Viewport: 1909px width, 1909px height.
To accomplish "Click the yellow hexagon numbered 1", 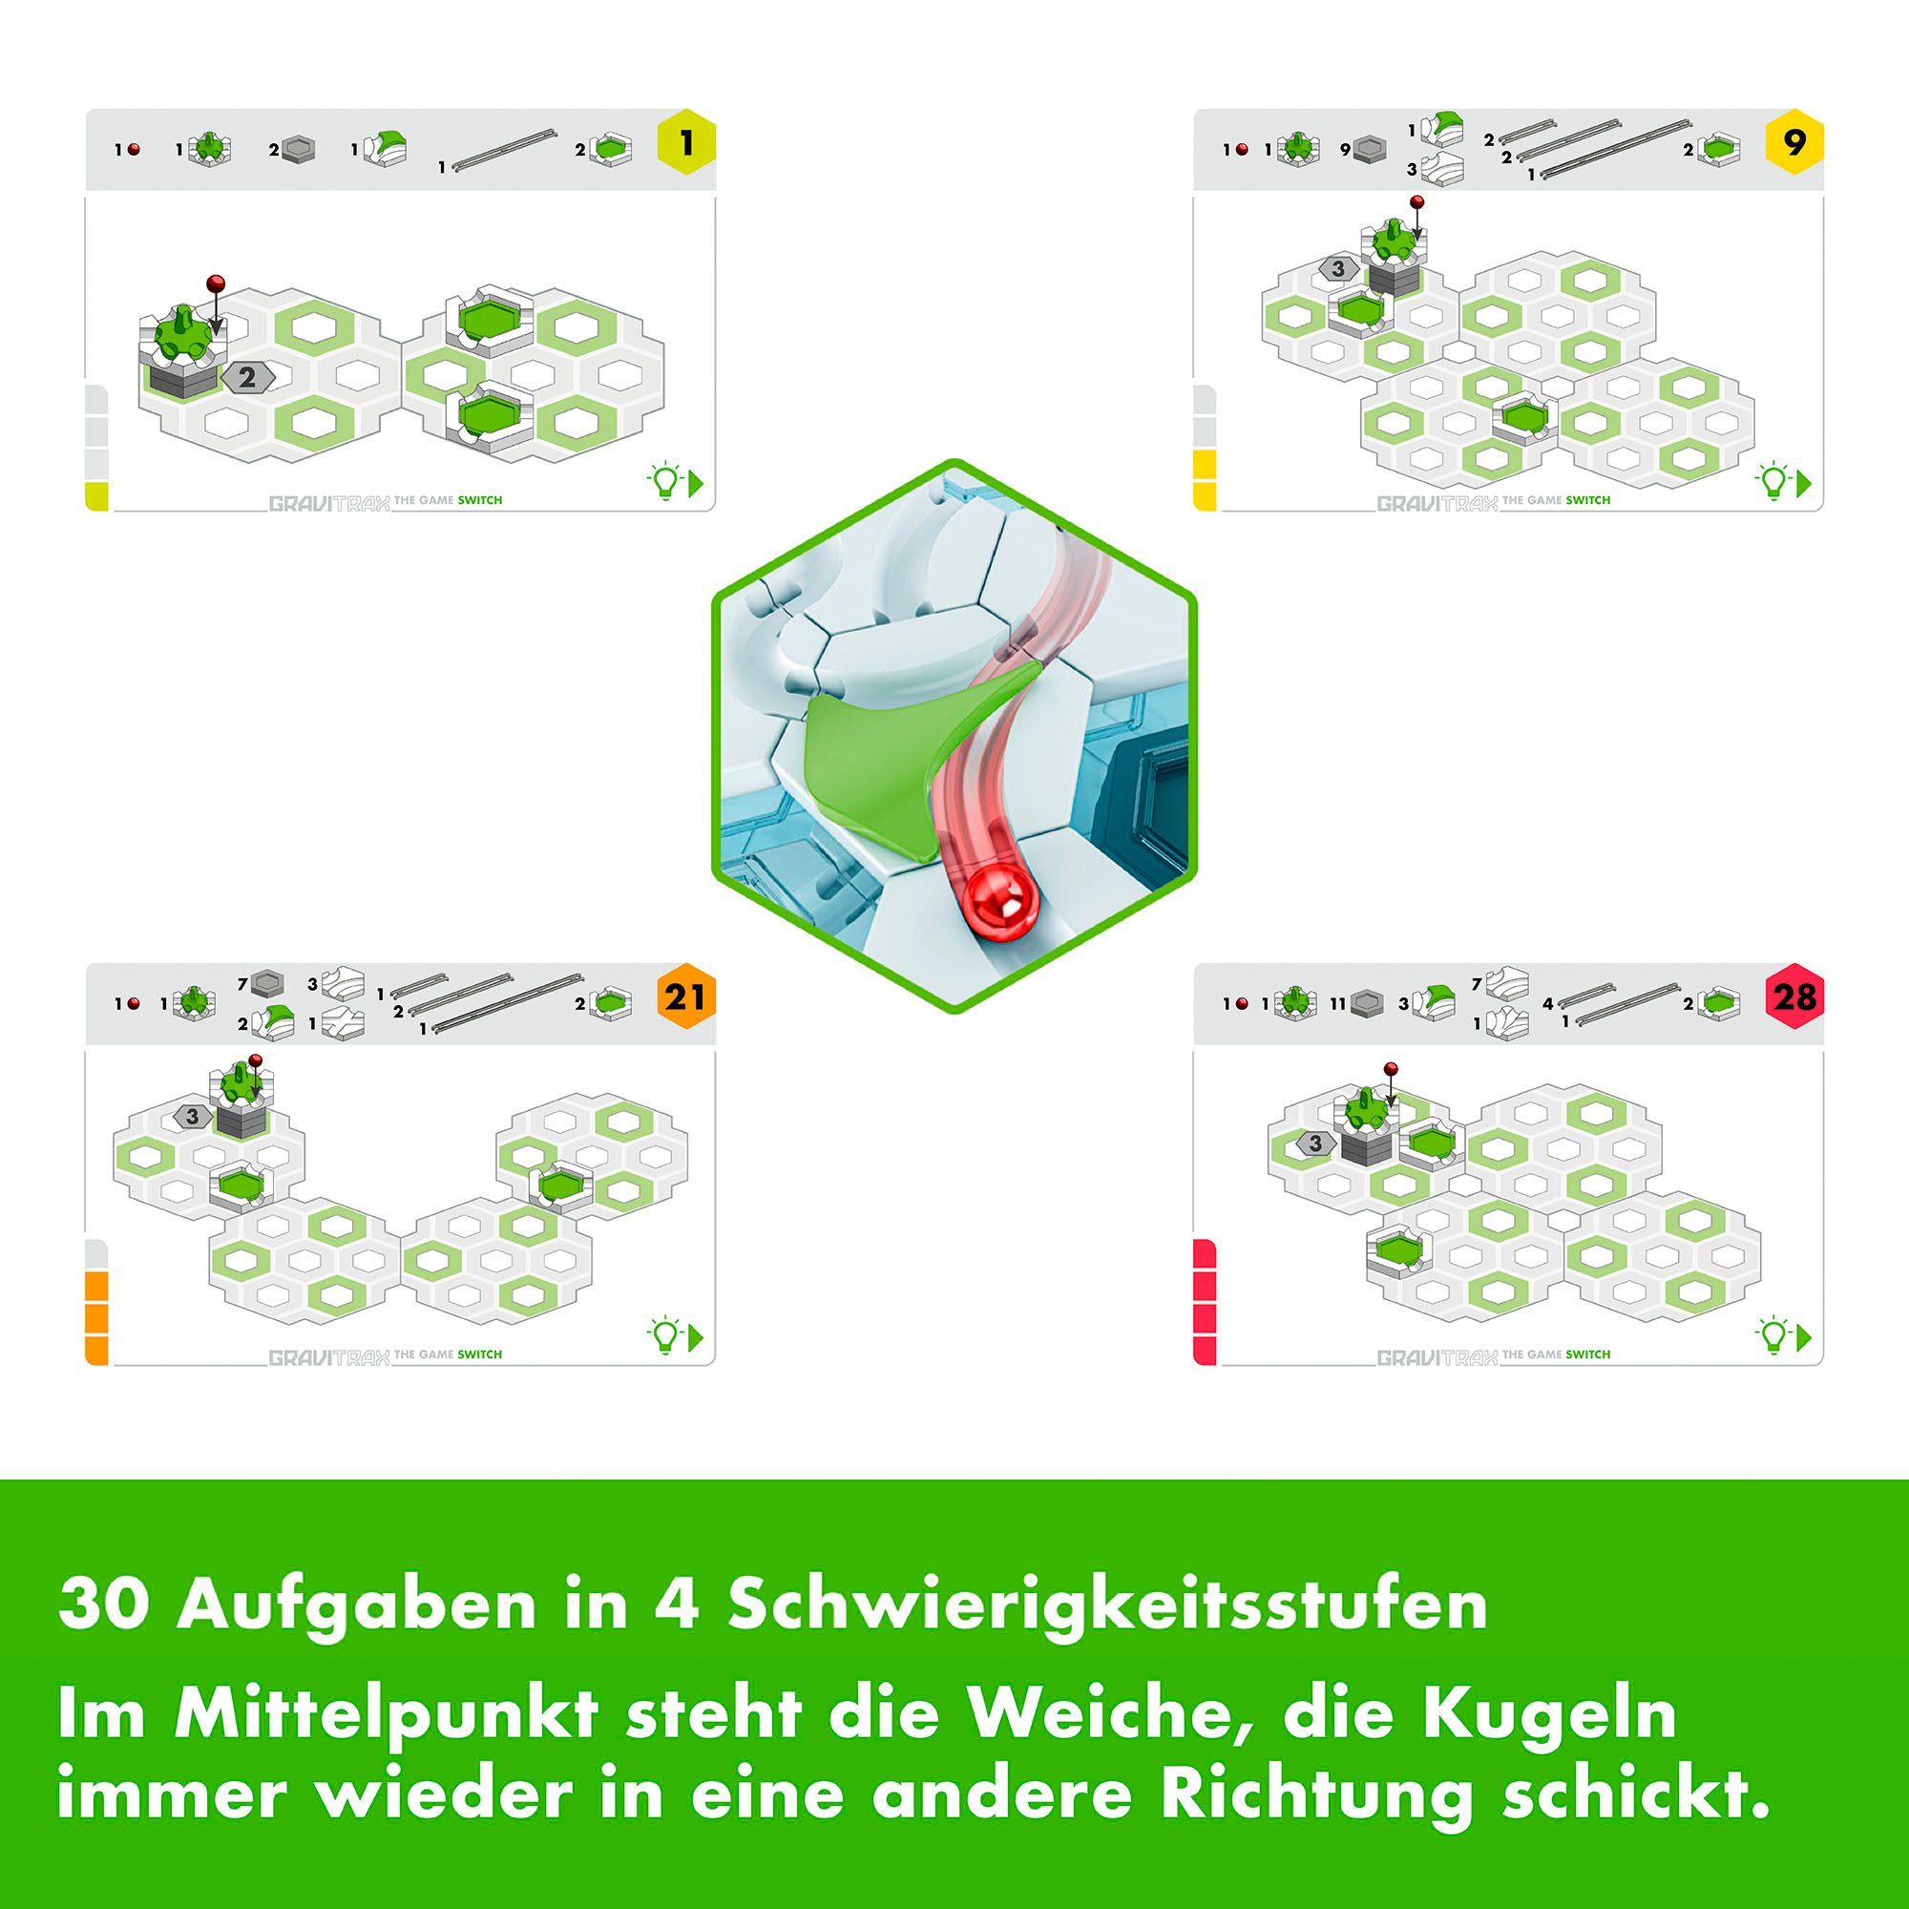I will [x=684, y=144].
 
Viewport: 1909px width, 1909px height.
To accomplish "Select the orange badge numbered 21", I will [x=684, y=997].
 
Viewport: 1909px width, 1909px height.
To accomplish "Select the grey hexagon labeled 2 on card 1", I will [x=247, y=377].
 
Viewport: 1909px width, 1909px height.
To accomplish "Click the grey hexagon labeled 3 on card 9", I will [x=1338, y=268].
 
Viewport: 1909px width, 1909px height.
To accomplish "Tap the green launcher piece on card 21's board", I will [x=238, y=1084].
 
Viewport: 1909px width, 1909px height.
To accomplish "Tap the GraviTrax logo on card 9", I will [x=1437, y=503].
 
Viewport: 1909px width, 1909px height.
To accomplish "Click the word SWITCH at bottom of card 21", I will [x=479, y=1353].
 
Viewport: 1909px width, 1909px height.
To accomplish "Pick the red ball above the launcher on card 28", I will [x=1392, y=1069].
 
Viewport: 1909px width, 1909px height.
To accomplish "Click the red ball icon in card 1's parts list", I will [x=134, y=149].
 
